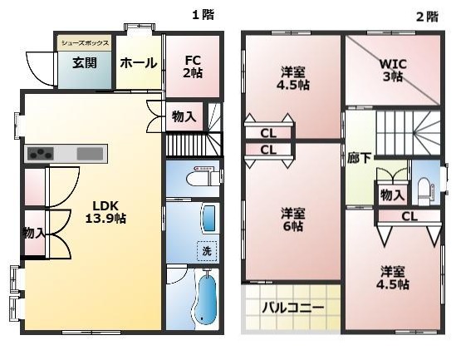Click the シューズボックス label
click(x=85, y=43)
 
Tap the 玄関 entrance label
click(x=85, y=63)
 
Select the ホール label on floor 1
click(x=139, y=63)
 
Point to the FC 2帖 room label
click(x=193, y=67)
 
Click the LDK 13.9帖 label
click(x=105, y=212)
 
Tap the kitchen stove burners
click(x=41, y=154)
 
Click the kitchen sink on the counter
click(x=90, y=154)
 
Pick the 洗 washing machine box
click(x=207, y=251)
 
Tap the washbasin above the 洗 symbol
click(x=209, y=219)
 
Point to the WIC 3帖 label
click(x=393, y=71)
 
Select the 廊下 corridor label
click(x=359, y=159)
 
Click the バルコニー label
click(x=293, y=308)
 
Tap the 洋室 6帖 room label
click(x=293, y=219)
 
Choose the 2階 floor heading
click(x=427, y=17)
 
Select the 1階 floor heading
click(x=203, y=15)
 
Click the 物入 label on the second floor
click(x=392, y=195)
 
